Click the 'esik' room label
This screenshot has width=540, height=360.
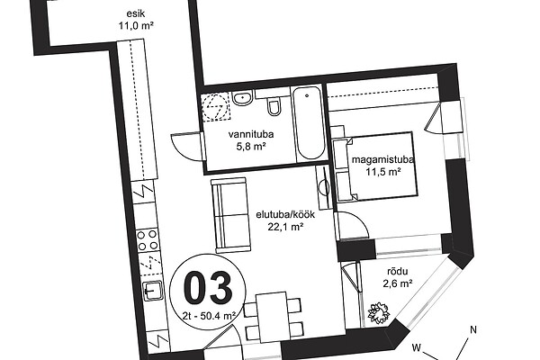[136, 13]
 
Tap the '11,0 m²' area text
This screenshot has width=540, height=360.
[136, 25]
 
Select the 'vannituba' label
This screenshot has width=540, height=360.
[251, 134]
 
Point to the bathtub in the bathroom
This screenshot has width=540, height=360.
[309, 123]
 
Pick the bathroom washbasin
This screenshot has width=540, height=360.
[243, 98]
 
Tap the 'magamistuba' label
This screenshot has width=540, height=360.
[382, 160]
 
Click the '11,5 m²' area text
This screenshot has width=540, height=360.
[383, 172]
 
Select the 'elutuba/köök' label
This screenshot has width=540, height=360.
[285, 214]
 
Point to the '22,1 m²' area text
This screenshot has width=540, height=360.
[285, 227]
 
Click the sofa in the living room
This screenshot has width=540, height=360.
[230, 215]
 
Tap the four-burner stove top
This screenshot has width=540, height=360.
[147, 239]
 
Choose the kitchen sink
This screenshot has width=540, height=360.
[153, 291]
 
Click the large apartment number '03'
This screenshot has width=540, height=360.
[208, 287]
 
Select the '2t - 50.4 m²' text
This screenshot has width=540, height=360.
[210, 315]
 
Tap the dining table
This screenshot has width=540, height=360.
[274, 317]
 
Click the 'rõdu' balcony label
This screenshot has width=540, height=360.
[398, 272]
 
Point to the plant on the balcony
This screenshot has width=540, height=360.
[379, 313]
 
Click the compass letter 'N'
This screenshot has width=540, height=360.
[473, 329]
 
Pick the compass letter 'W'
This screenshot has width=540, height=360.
[417, 347]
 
